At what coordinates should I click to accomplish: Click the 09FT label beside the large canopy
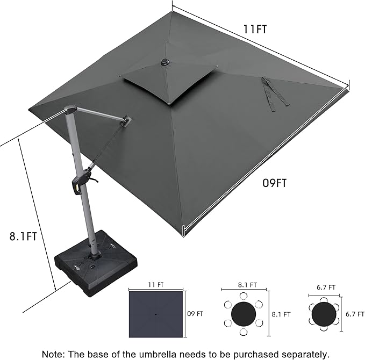pos(274,183)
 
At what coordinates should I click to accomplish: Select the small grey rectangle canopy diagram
pos(156,313)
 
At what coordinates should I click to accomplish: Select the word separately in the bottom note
pos(301,354)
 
